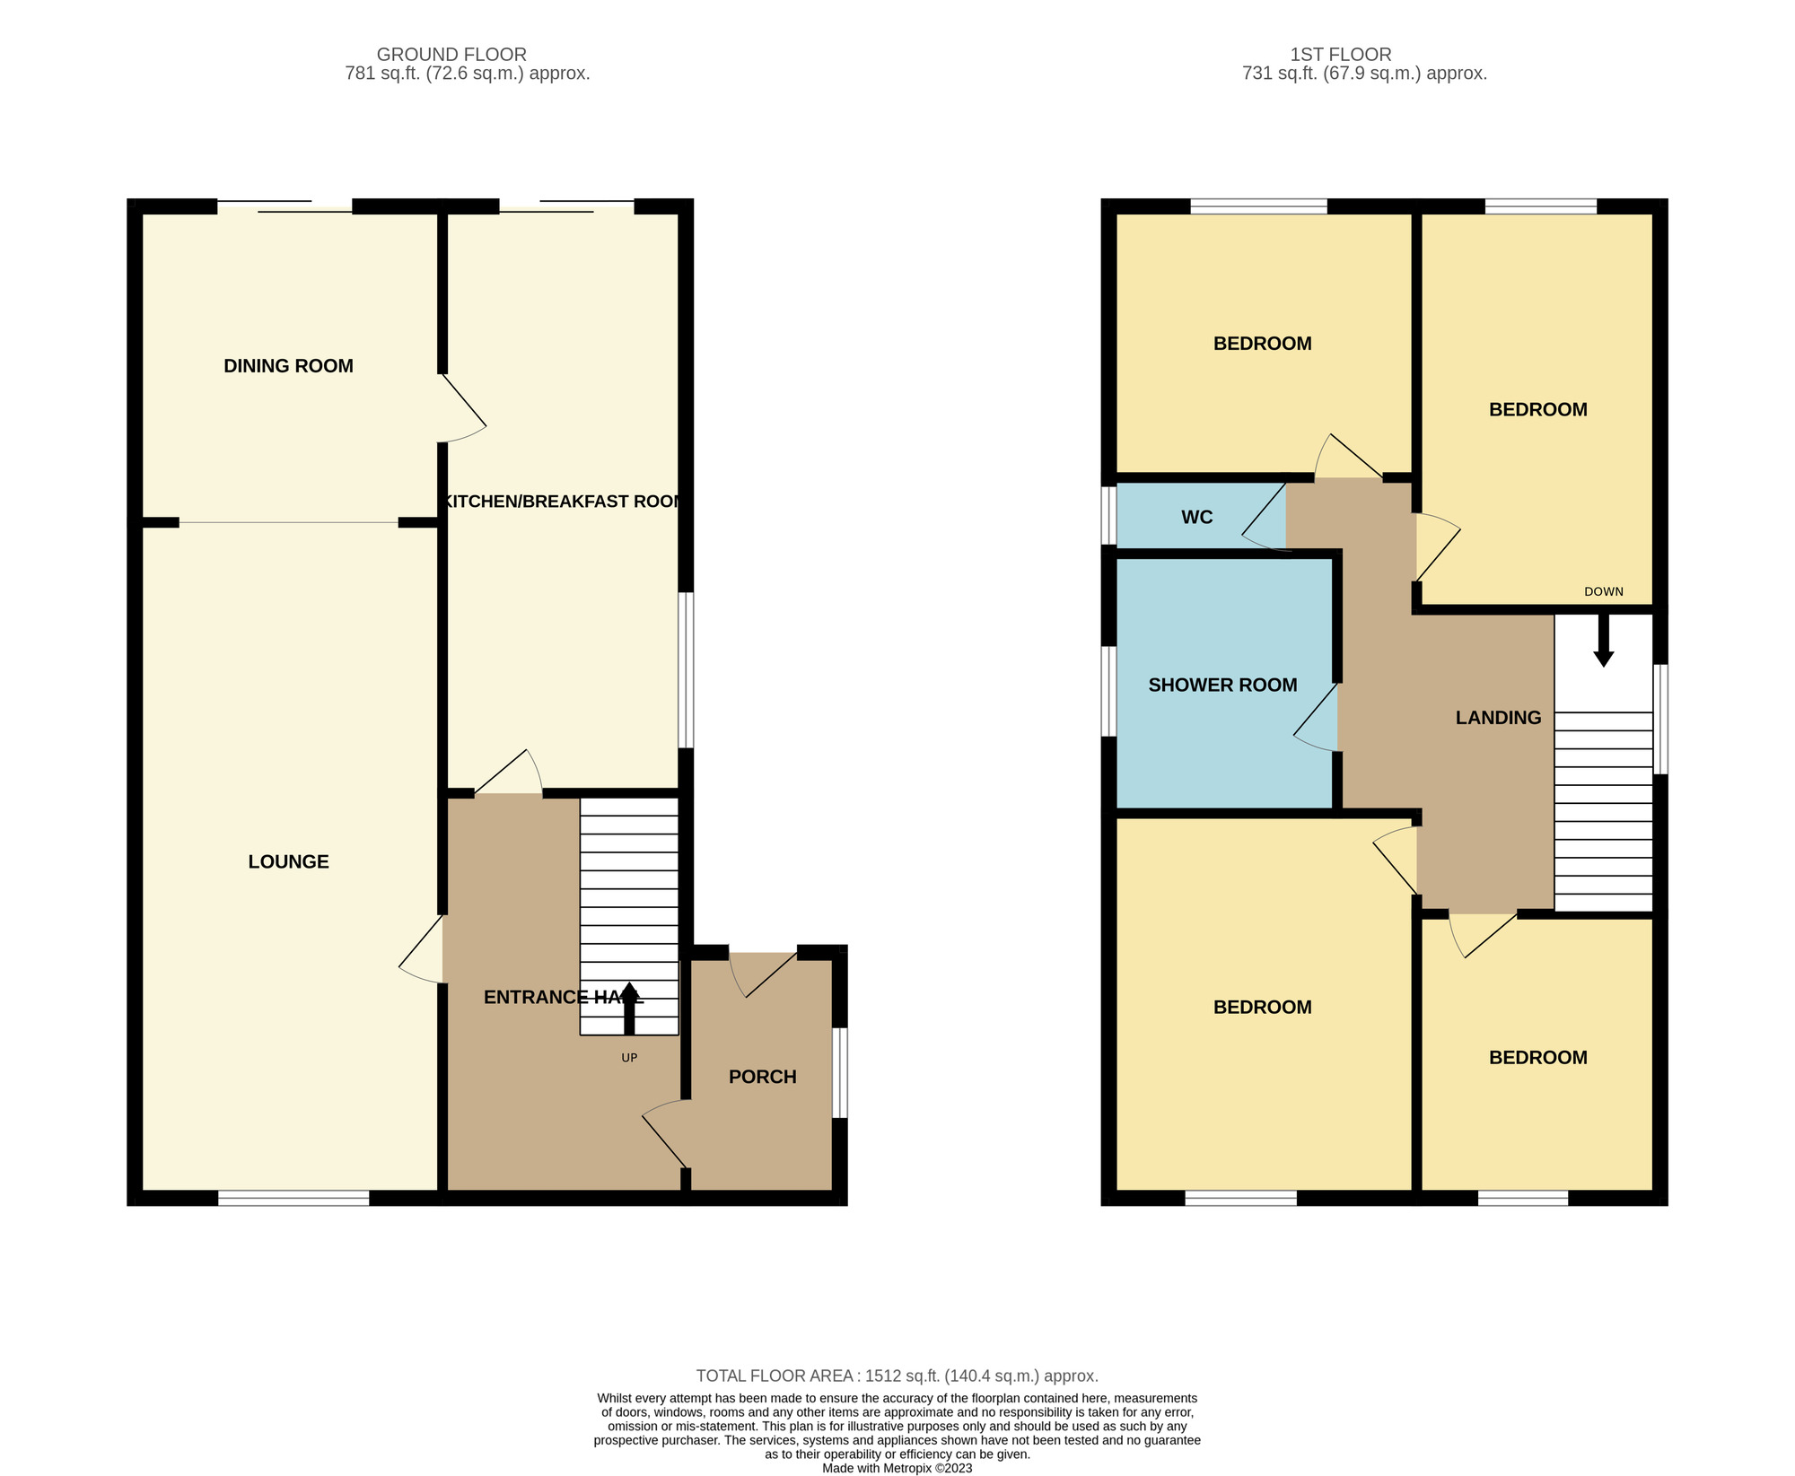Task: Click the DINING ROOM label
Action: (288, 366)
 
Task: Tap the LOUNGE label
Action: (288, 862)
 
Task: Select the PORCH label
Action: (762, 1077)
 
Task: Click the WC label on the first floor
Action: (1196, 518)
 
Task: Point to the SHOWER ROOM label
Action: (1222, 686)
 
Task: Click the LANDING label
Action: (1498, 718)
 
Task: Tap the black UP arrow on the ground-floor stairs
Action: (629, 1009)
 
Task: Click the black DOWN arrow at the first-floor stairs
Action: (1603, 641)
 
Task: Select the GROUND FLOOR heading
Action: (451, 55)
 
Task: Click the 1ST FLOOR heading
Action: (1340, 55)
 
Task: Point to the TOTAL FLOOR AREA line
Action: (897, 1376)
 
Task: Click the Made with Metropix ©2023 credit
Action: (897, 1469)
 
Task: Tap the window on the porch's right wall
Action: (839, 1072)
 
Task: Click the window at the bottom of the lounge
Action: (293, 1198)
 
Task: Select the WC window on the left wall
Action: (1109, 516)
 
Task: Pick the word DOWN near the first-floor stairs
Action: (1603, 591)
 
